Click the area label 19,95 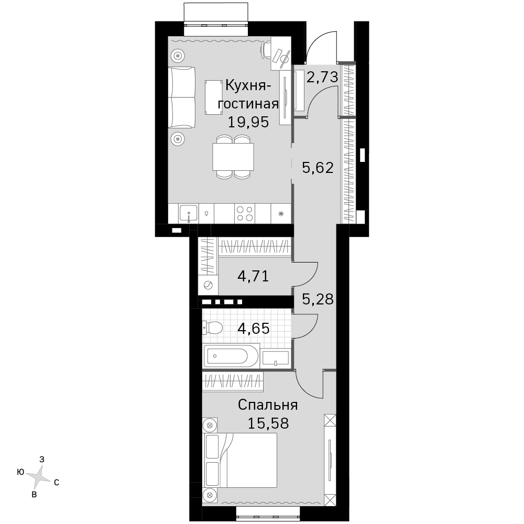click(x=248, y=122)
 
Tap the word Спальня click(x=268, y=405)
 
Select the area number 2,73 click(x=322, y=77)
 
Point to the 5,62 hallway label click(x=318, y=168)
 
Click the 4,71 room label click(x=253, y=276)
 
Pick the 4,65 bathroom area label click(x=253, y=329)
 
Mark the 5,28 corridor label click(x=318, y=299)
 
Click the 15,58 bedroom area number click(x=268, y=423)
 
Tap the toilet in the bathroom click(x=213, y=328)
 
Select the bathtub click(x=231, y=355)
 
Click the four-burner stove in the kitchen click(x=245, y=214)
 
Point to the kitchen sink click(x=189, y=214)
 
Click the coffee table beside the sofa click(x=214, y=97)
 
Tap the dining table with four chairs click(x=233, y=157)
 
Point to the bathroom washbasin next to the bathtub click(x=276, y=358)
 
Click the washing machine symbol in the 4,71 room click(x=208, y=285)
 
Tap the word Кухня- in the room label click(x=248, y=86)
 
